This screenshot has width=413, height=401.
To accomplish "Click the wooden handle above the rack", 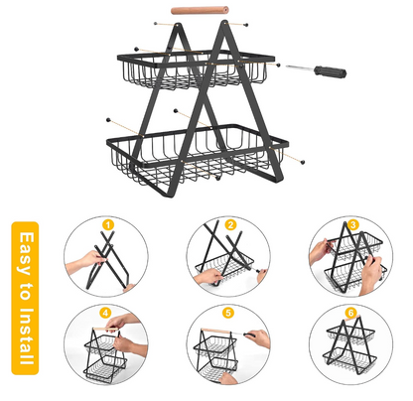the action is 200,10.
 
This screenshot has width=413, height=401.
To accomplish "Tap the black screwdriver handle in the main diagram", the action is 330,70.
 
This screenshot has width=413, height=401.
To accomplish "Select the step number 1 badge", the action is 108,225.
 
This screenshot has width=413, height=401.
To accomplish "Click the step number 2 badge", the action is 230,225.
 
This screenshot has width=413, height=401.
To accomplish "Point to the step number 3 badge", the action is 353,225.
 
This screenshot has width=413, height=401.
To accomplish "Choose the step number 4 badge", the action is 105,313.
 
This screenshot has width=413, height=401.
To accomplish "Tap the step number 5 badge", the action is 228,313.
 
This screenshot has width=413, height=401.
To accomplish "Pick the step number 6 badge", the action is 350,313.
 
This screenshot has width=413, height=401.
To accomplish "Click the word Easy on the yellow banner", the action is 26,253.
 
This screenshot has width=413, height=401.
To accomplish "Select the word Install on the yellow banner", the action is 26,336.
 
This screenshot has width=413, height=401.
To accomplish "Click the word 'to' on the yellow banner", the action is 25,291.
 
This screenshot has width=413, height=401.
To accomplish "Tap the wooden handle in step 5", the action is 216,332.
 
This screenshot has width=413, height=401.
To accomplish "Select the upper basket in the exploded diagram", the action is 196,69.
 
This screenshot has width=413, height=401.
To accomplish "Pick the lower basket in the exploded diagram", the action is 198,153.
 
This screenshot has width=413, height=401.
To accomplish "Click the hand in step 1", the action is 86,261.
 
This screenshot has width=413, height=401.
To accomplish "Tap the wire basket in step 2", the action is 224,267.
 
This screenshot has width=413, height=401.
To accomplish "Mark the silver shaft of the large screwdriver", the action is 300,67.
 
